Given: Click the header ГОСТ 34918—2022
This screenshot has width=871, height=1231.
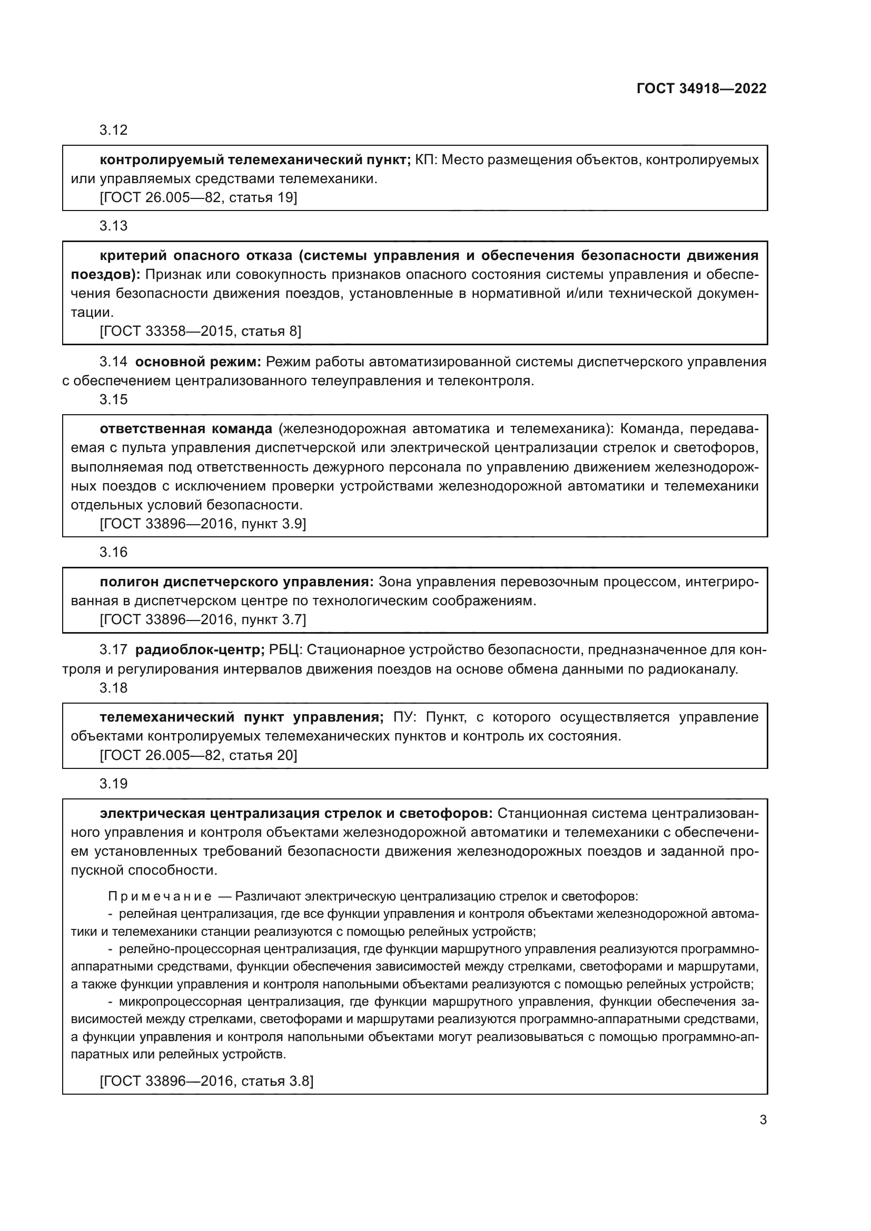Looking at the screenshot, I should click(x=701, y=89).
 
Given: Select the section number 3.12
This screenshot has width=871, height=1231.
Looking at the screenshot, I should click(x=113, y=131).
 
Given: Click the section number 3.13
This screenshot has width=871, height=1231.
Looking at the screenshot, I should click(x=113, y=226).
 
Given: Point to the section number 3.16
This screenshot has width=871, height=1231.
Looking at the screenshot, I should click(x=113, y=553).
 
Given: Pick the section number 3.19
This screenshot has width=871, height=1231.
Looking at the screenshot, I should click(x=113, y=784).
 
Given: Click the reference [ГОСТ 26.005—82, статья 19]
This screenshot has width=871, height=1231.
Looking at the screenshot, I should click(x=199, y=198).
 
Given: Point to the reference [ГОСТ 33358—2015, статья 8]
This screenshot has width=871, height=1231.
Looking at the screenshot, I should click(x=201, y=332).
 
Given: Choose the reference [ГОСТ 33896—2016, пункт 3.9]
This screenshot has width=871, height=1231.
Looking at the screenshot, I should click(x=203, y=524).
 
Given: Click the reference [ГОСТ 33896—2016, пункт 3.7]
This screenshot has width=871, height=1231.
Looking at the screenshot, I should click(x=203, y=620).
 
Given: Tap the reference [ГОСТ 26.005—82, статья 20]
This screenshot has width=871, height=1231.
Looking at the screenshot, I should click(x=199, y=755).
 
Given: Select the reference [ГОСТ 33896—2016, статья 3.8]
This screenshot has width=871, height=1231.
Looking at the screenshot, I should click(x=206, y=1081).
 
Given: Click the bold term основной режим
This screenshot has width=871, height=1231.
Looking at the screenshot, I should click(x=197, y=363).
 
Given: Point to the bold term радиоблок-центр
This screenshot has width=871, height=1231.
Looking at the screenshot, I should click(x=200, y=650).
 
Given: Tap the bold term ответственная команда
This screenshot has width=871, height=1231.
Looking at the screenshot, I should click(x=186, y=429).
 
